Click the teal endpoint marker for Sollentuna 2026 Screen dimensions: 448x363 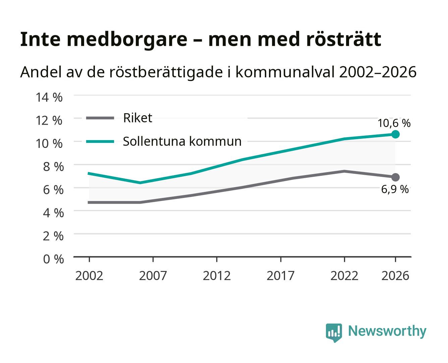coord(395,134)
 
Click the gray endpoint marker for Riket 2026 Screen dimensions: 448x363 coord(395,177)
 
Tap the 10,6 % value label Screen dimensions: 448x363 coord(394,123)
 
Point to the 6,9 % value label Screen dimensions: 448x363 coord(395,189)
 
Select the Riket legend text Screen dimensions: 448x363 coord(137,118)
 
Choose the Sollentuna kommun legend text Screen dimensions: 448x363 coord(182,141)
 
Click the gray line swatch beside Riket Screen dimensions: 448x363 coord(100,118)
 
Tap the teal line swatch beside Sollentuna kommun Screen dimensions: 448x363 coord(100,142)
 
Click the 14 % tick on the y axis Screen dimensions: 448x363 coord(49,97)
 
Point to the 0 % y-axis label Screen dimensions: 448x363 coord(53,259)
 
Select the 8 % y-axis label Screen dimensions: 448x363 coord(53,167)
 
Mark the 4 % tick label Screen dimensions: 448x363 coord(53,213)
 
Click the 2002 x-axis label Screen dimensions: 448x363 coord(89,276)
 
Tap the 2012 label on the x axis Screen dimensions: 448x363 coord(217,276)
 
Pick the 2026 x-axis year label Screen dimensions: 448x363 coord(395,276)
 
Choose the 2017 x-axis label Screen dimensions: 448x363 coord(281,276)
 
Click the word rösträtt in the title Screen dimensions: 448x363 coord(344,39)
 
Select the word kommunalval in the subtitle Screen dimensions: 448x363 coord(285,72)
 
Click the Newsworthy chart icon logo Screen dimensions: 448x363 coord(334,333)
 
